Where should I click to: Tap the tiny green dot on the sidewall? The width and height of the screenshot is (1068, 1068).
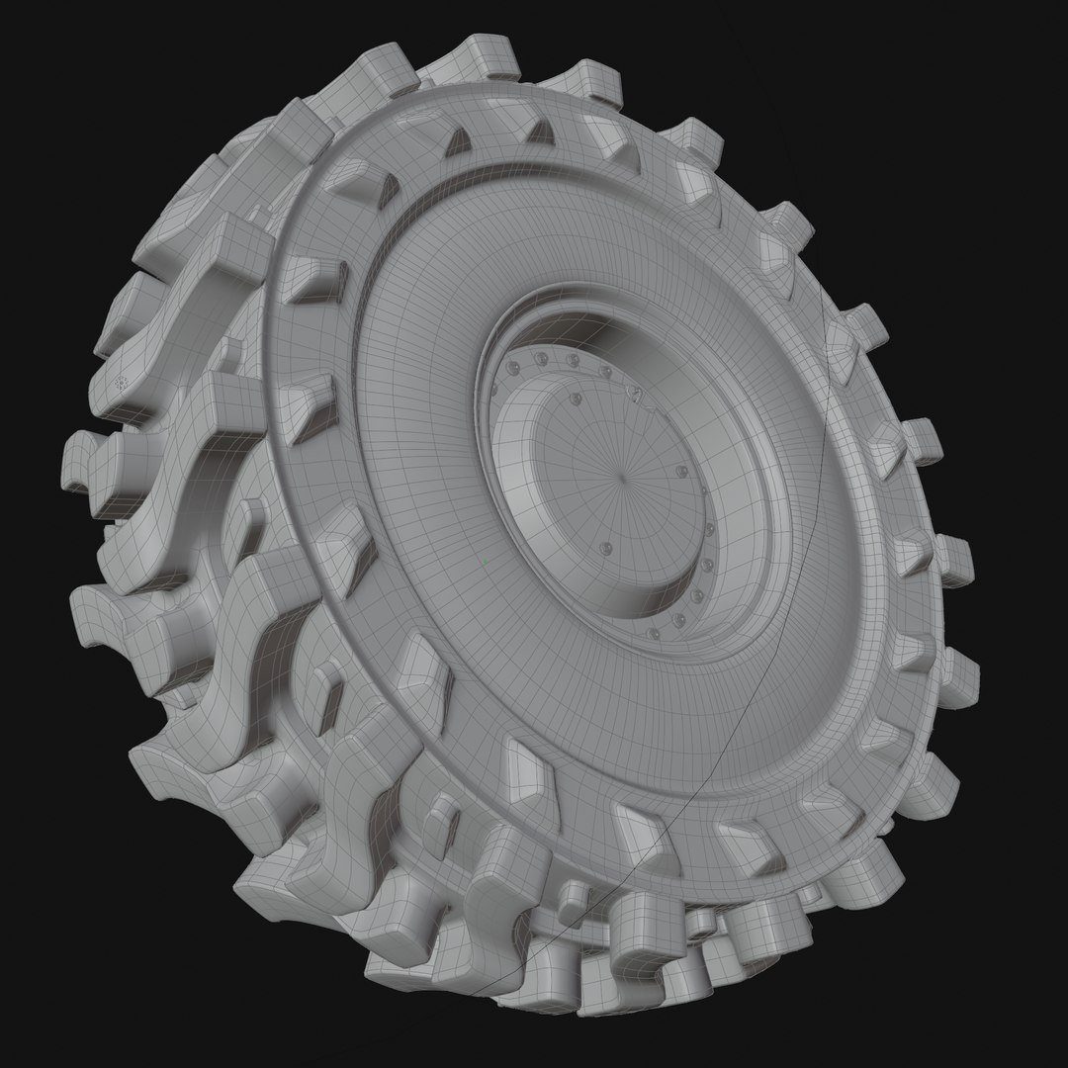click(486, 564)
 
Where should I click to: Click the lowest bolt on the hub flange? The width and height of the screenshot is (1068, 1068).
click(652, 633)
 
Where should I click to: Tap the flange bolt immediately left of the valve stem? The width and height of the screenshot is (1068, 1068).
click(604, 374)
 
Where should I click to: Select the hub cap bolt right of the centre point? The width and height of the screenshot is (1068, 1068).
click(682, 472)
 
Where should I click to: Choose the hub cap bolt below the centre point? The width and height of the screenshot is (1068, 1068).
click(605, 547)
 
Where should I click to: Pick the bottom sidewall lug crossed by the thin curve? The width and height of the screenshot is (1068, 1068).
click(633, 829)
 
